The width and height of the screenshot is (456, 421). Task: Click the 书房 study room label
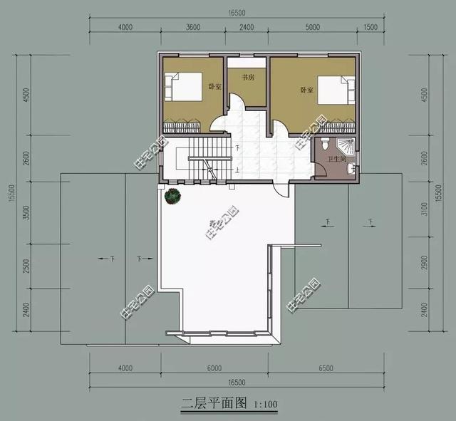coord(248,78)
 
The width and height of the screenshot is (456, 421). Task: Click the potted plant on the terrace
coord(172,195)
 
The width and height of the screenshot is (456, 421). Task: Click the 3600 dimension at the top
coord(192,28)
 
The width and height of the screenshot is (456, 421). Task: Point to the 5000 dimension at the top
coord(312,28)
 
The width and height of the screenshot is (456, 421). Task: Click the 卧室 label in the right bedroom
coord(307,90)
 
